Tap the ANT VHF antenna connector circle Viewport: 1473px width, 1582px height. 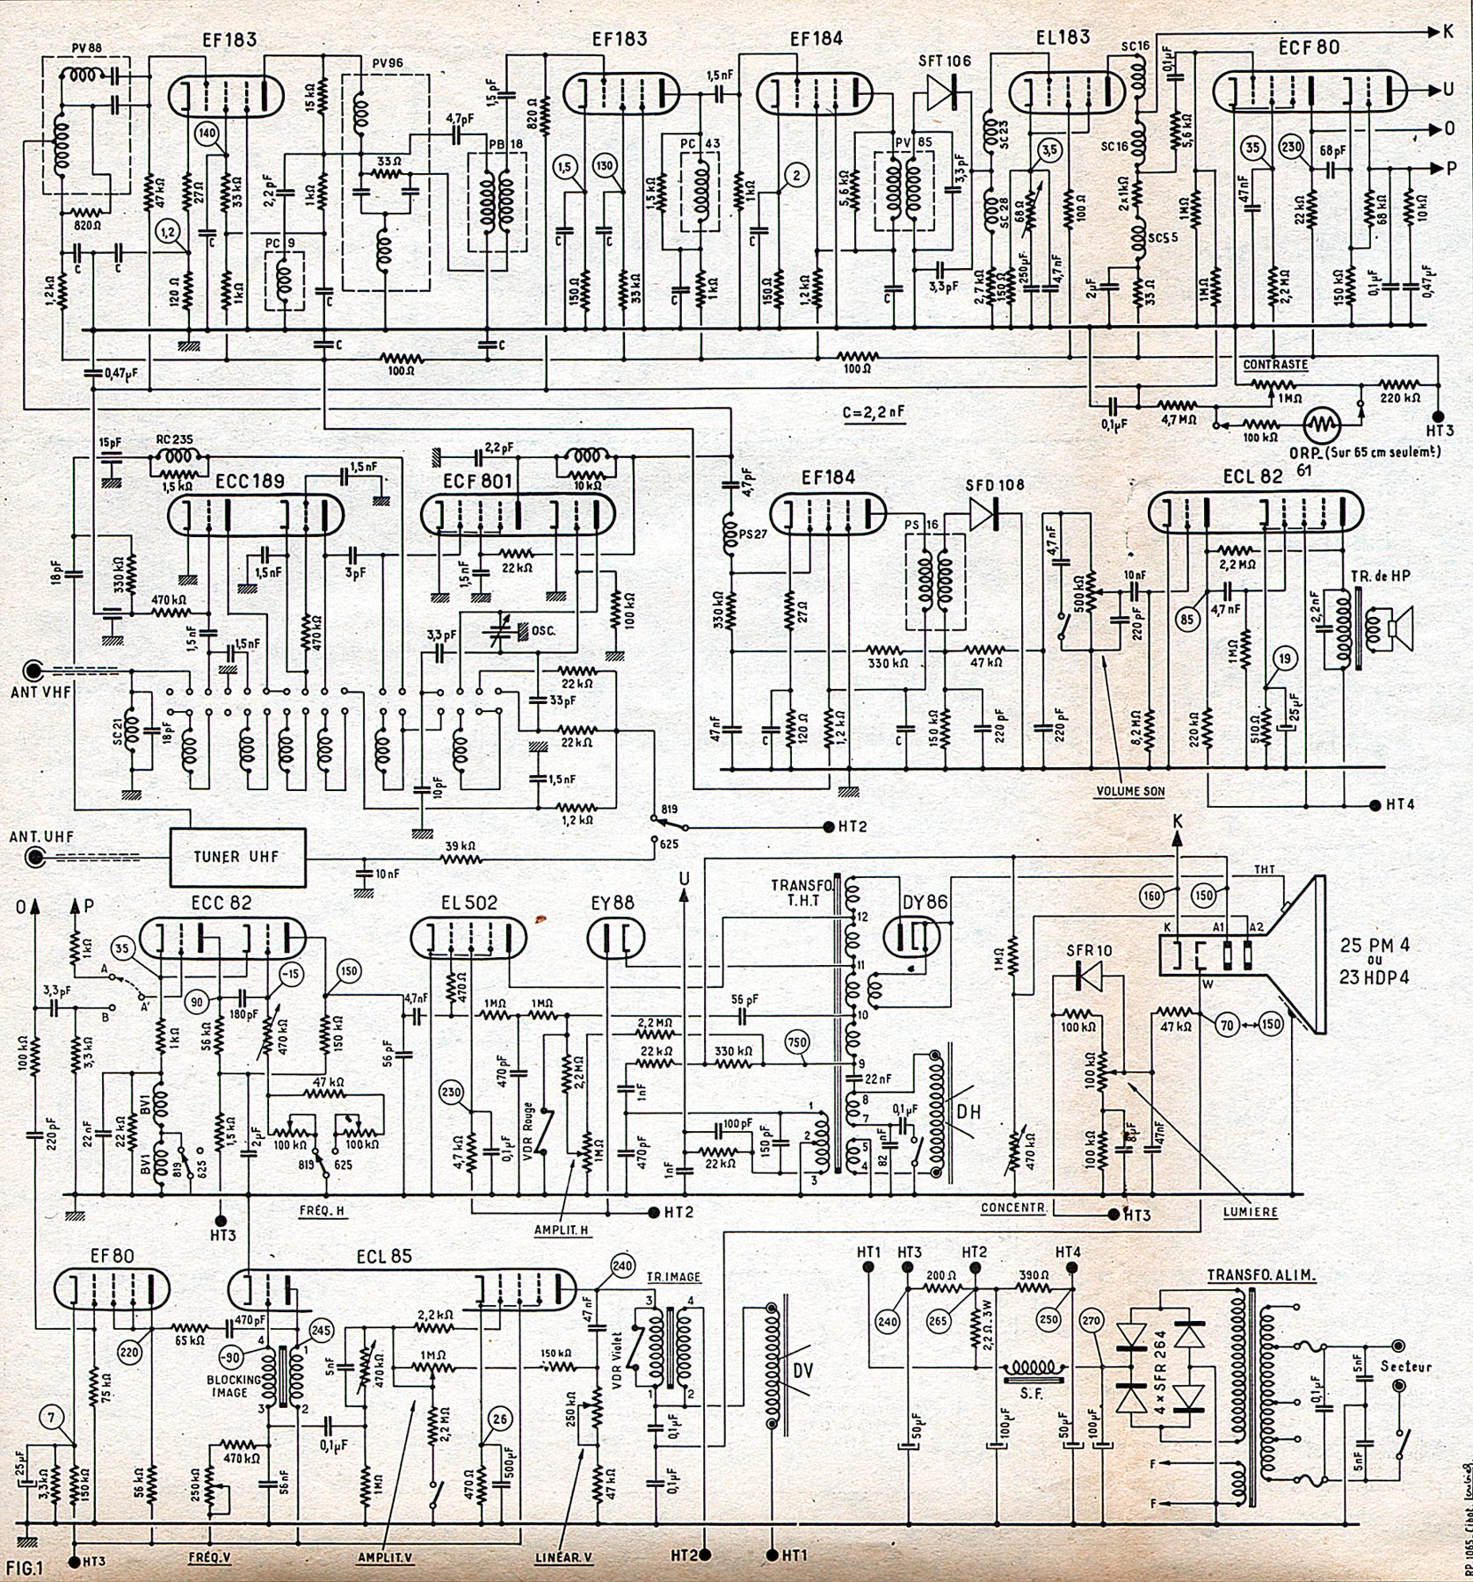tap(35, 672)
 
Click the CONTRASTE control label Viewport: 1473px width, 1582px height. tap(1275, 364)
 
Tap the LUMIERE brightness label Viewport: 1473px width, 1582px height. tap(1251, 1210)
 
